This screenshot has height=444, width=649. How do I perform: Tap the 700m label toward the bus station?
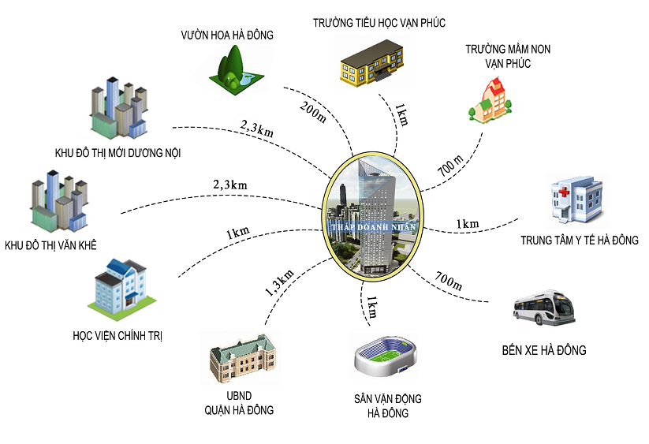446,281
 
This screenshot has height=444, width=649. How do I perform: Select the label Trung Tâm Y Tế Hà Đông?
580,240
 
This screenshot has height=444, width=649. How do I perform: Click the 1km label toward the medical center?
467,224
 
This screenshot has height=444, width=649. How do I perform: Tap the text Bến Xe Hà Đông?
544,349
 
